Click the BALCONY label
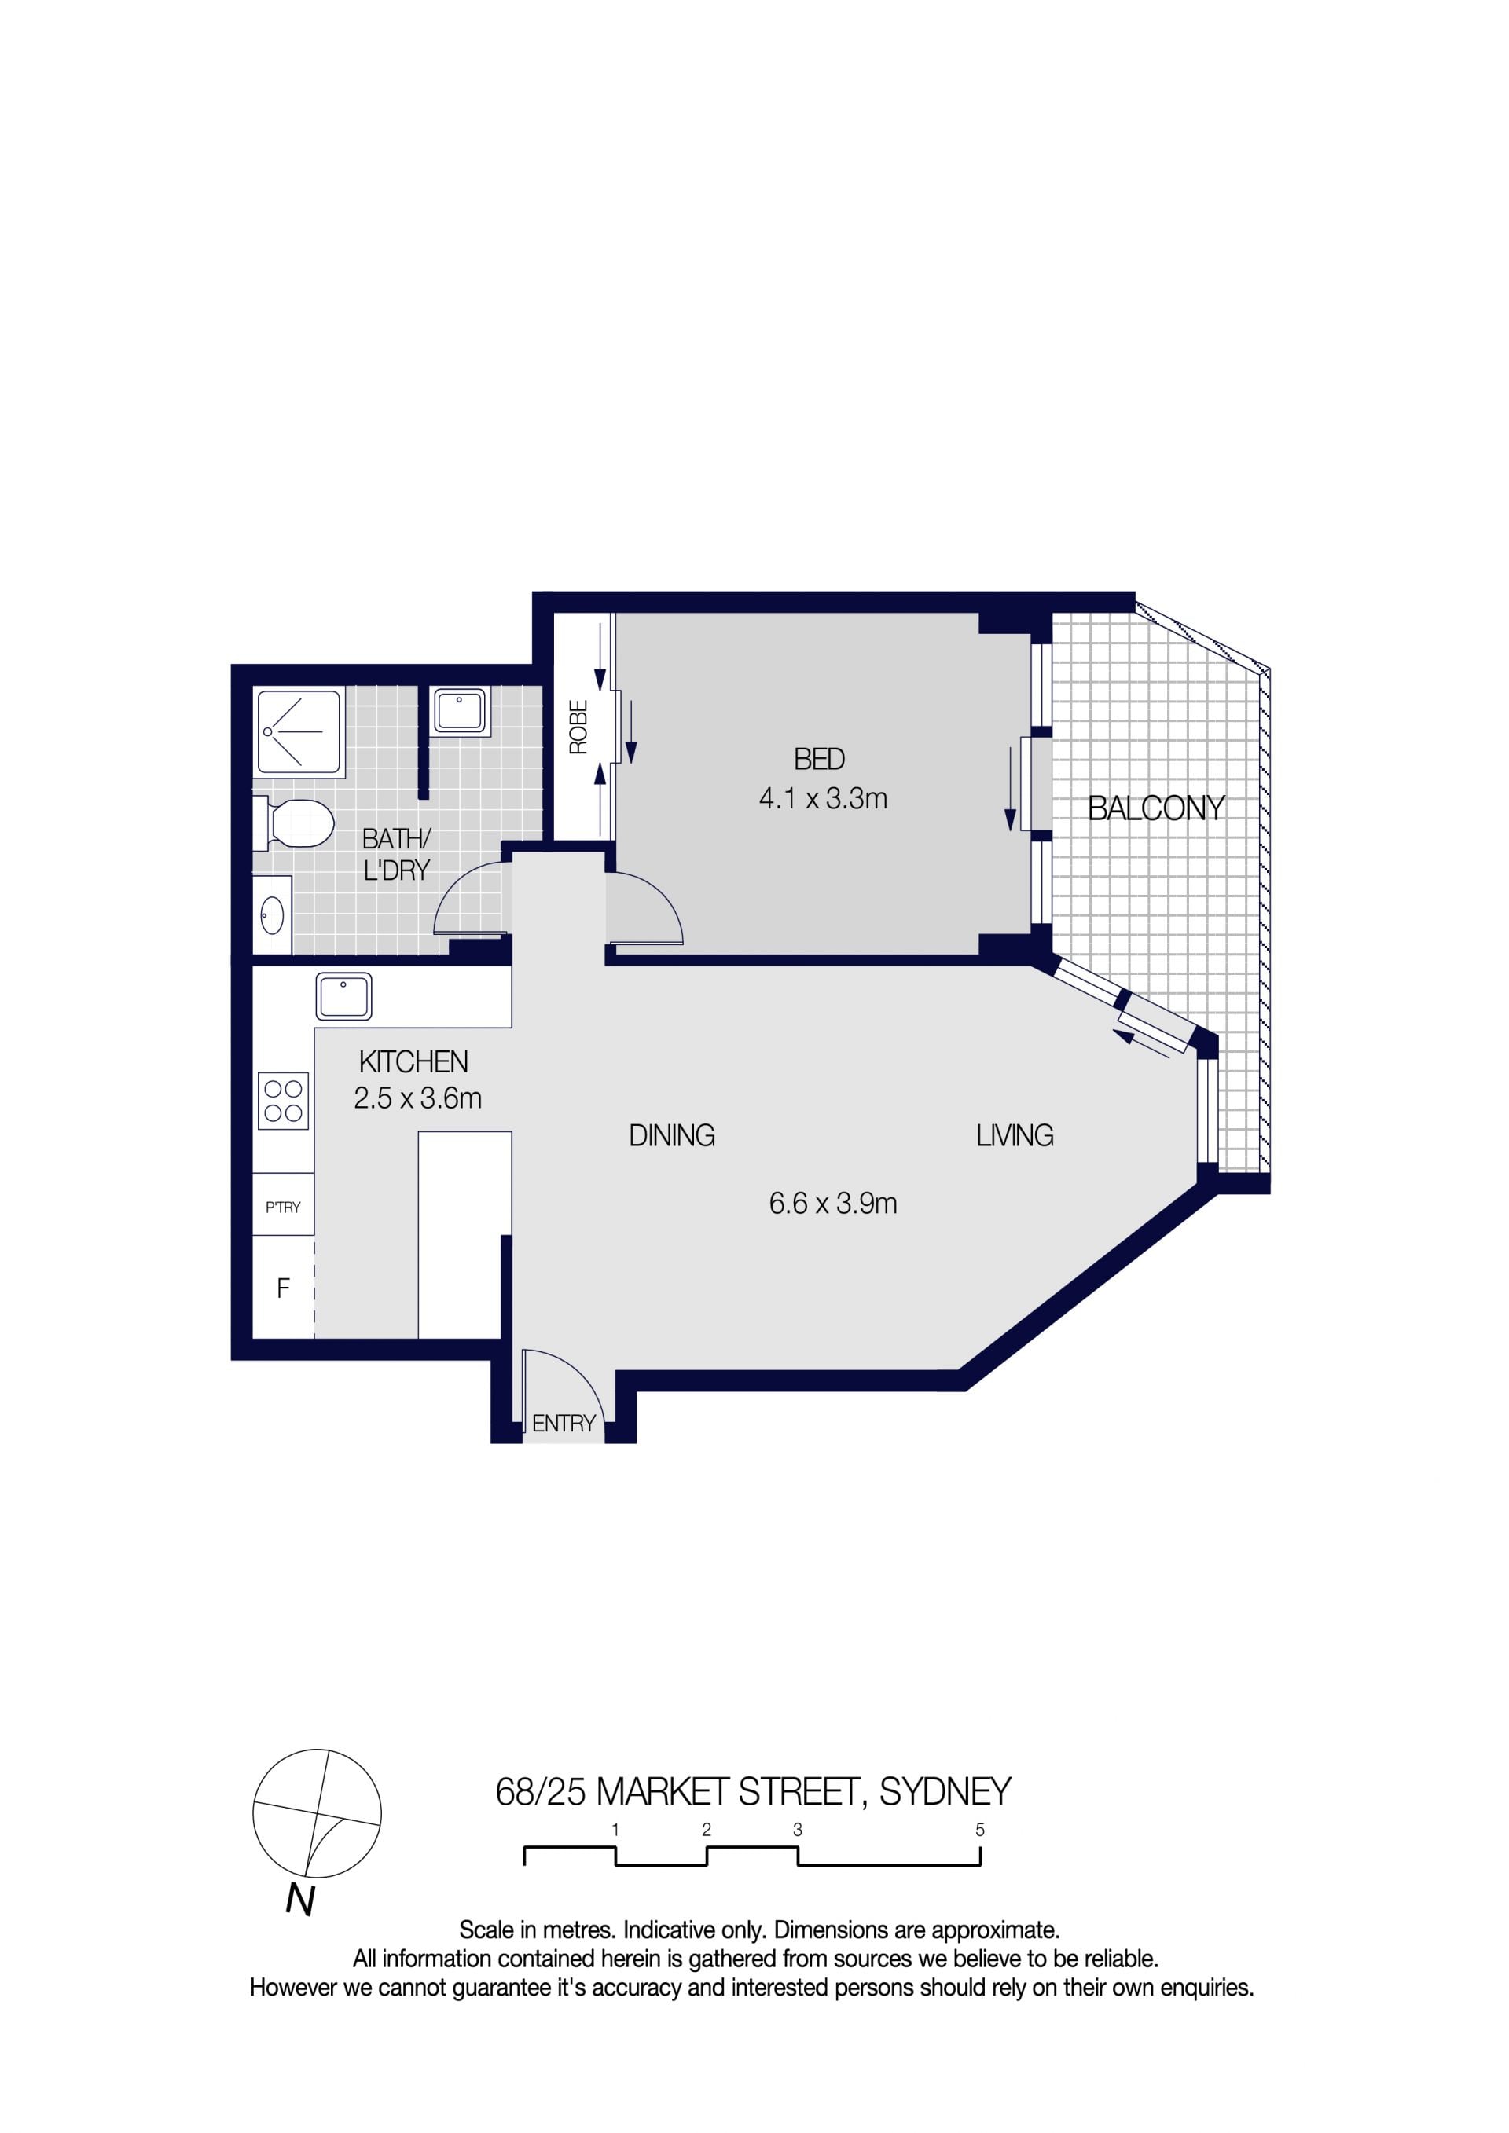pos(1156,808)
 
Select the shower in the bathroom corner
pos(299,732)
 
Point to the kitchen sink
pos(343,996)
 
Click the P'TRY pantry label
pos(284,1207)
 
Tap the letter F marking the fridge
pos(284,1288)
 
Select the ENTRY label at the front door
pos(564,1424)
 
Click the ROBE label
pos(578,727)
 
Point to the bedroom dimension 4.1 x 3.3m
pos(823,799)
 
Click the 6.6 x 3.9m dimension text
pos(832,1204)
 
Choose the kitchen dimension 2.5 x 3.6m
pos(417,1098)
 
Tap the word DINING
pos(672,1135)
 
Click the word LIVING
pos(1015,1135)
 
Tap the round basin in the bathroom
pos(272,916)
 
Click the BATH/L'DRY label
pos(397,855)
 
